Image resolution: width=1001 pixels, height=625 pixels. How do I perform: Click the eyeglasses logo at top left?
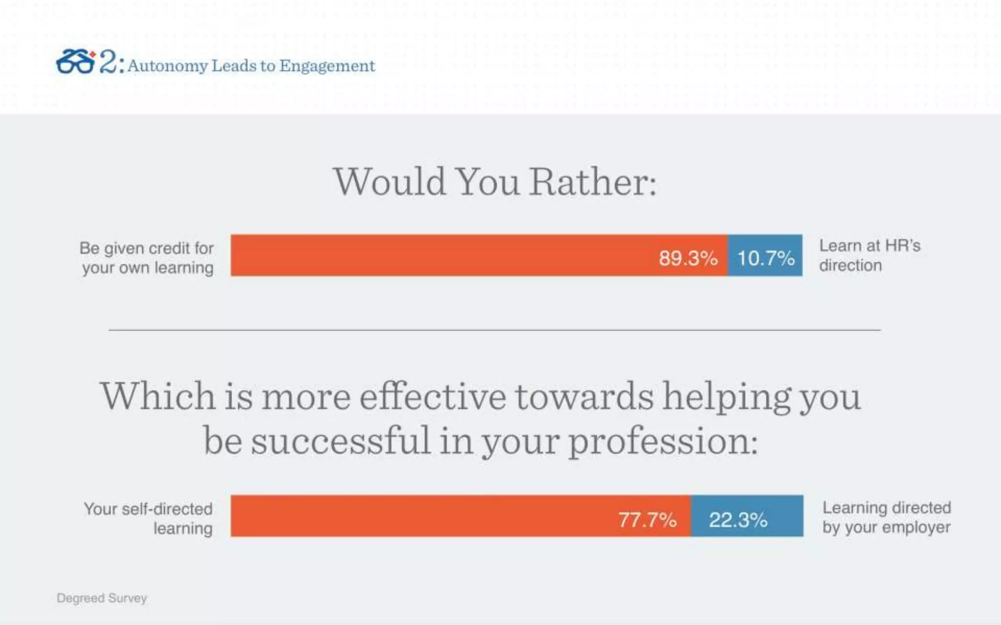pos(75,62)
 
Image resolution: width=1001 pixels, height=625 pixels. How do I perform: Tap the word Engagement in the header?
pos(327,66)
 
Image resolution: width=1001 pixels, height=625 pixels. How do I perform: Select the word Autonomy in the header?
pos(168,66)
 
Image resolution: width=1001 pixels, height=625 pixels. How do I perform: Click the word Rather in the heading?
pos(592,182)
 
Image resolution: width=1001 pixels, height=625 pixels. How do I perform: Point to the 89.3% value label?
pos(688,258)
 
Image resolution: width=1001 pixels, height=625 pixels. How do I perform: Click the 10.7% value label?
pos(765,258)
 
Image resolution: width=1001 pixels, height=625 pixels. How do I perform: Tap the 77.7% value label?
pos(647,520)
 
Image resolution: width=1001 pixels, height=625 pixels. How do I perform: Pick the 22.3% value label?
pos(738,520)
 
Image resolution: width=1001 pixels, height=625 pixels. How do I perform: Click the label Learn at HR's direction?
pos(870,255)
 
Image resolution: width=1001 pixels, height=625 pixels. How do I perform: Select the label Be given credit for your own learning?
pos(147,258)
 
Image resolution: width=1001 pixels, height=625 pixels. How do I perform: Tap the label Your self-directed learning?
pos(149,519)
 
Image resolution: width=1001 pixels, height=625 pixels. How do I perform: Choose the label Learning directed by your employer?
pos(886,517)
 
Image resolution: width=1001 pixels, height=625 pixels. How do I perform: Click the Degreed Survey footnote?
pos(102,598)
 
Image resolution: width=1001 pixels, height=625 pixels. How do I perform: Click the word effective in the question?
pos(433,396)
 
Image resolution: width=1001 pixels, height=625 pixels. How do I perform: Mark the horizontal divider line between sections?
pos(495,330)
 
